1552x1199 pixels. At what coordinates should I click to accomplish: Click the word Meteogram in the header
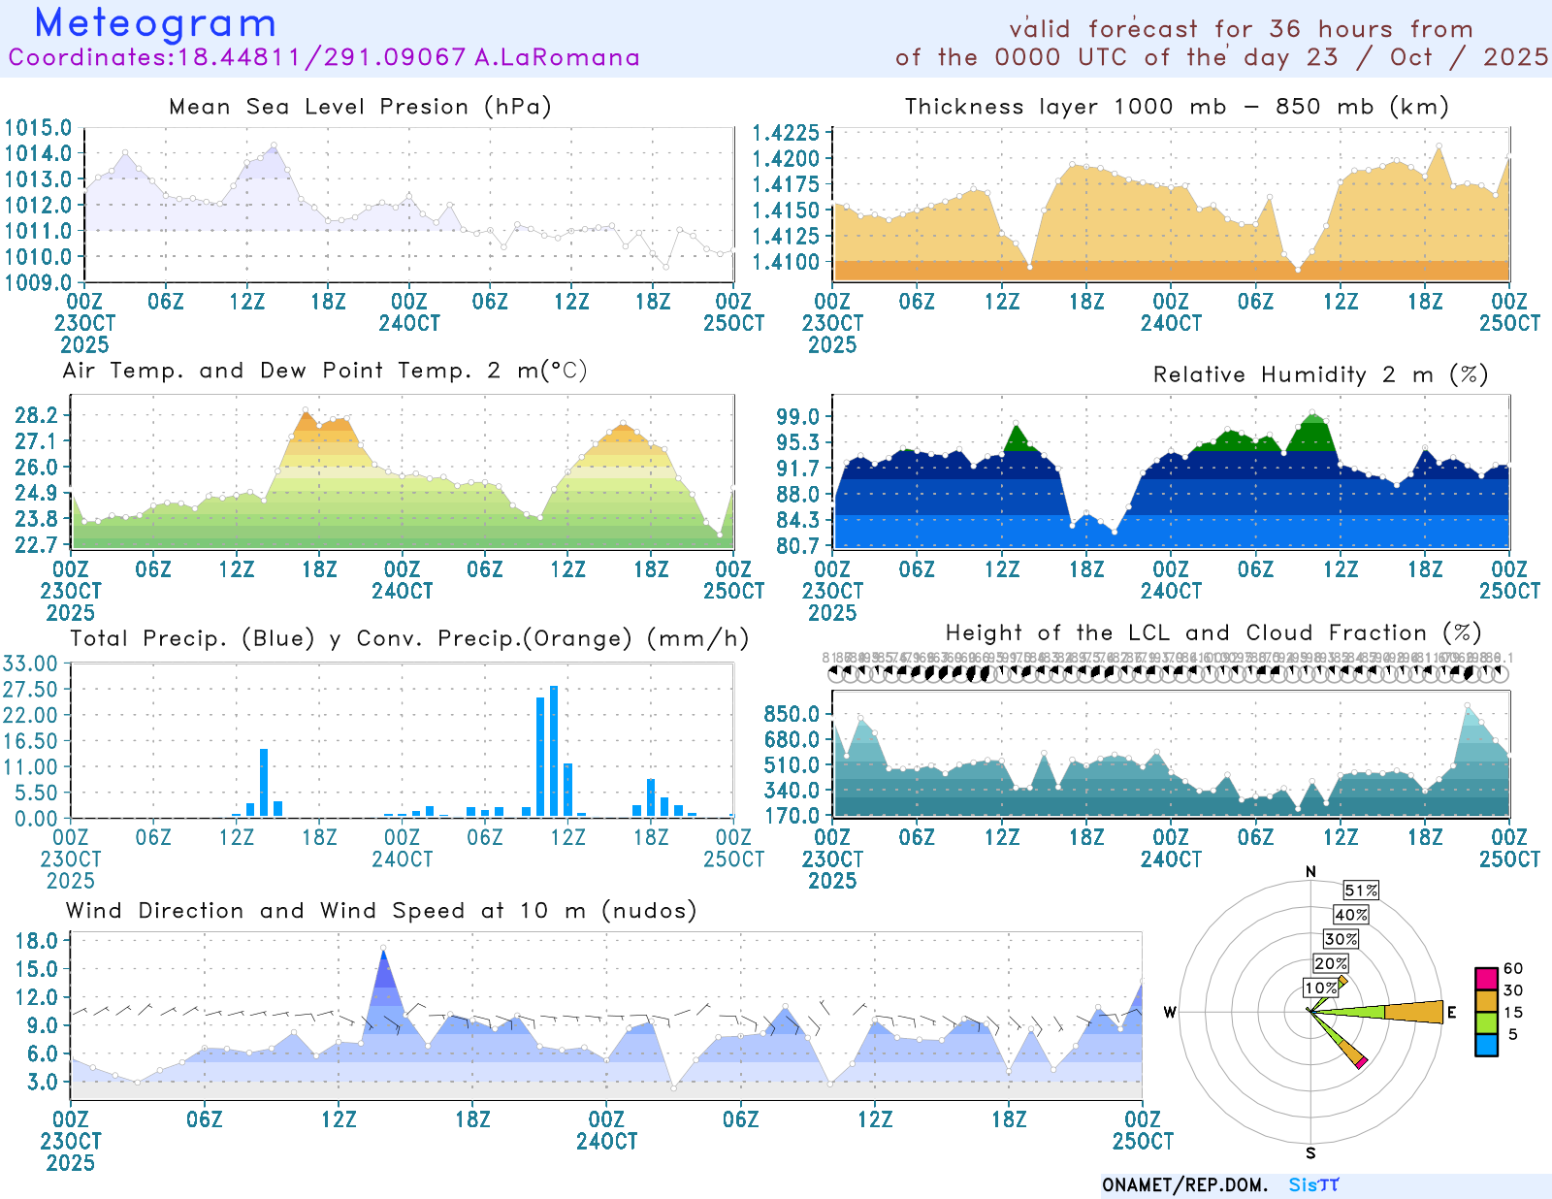point(155,23)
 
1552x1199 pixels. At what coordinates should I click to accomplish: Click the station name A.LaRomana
point(557,57)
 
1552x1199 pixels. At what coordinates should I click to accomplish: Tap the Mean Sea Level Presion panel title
point(360,107)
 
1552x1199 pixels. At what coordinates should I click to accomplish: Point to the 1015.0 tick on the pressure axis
point(38,128)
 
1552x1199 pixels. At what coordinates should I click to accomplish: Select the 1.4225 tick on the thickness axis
point(786,133)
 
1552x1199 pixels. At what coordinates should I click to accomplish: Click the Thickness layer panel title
point(1177,107)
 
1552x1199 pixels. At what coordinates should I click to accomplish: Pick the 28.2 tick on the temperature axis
point(36,415)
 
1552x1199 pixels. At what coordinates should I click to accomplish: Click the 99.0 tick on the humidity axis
point(797,416)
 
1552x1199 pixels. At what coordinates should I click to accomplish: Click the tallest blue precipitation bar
point(554,751)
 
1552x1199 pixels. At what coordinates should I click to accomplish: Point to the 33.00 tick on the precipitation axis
point(30,664)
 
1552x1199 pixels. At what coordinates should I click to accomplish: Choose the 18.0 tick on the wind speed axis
point(36,940)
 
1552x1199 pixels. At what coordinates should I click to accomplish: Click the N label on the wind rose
point(1310,871)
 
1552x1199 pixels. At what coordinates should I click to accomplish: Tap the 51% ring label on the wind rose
point(1361,891)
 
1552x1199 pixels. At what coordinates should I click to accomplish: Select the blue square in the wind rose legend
point(1486,1045)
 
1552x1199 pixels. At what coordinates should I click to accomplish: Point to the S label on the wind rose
point(1310,1152)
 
